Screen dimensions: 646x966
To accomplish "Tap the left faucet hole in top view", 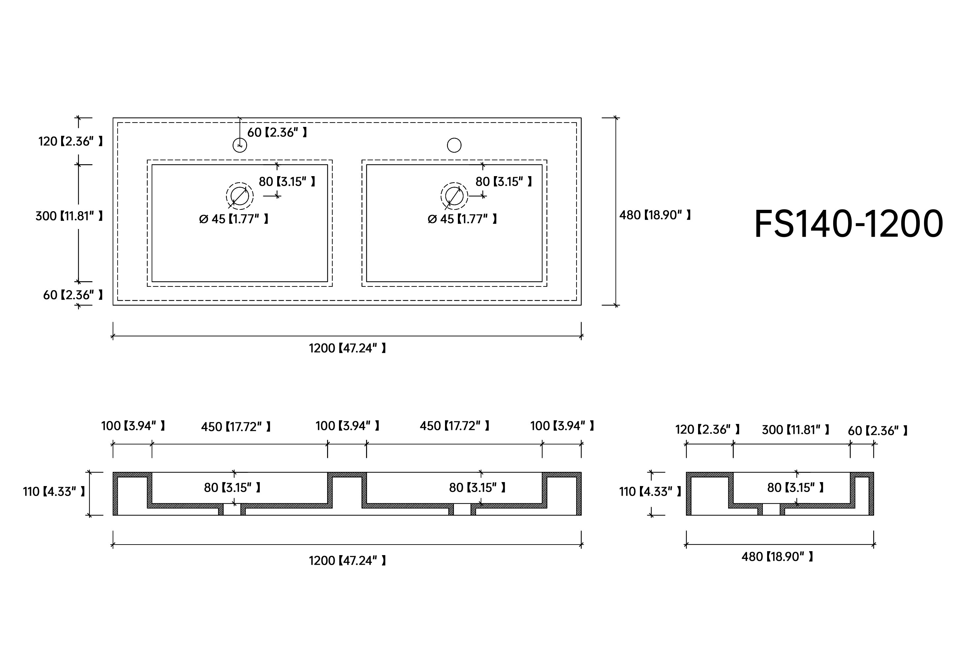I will point(240,145).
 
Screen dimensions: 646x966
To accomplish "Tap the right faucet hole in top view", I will point(454,145).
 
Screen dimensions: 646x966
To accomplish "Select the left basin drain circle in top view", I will point(240,196).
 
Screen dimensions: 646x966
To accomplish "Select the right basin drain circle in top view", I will point(454,196).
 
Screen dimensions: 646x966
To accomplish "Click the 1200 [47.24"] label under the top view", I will point(347,349).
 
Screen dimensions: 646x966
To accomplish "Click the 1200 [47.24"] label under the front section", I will point(347,561).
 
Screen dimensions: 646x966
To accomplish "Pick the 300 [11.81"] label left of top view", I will point(69,216).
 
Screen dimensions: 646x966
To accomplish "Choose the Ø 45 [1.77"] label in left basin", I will point(234,219).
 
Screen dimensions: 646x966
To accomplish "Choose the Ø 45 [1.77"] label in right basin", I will point(462,219).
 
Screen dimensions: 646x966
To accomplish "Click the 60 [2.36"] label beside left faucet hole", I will point(277,133).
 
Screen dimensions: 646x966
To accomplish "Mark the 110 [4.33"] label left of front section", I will point(54,491).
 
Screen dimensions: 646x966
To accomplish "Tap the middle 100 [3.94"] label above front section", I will point(347,426).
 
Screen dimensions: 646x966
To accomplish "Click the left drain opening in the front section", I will point(232,509).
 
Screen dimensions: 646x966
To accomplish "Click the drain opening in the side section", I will point(771,509).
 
